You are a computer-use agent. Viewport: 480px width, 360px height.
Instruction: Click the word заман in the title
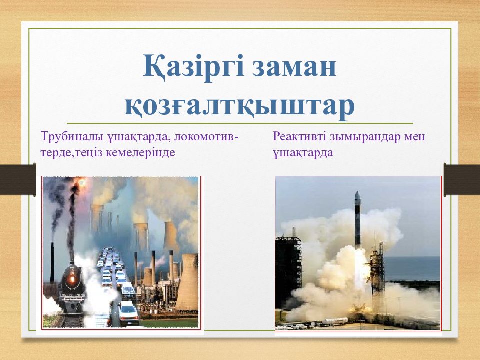click(294, 68)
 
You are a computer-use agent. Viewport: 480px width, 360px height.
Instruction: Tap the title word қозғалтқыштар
click(240, 106)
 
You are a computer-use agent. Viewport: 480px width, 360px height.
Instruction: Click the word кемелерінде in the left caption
click(140, 152)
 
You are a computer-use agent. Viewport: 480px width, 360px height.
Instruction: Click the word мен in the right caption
click(415, 137)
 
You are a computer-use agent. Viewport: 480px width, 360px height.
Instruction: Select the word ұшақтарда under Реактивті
click(303, 152)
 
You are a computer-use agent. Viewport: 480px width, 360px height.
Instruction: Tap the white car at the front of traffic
click(128, 313)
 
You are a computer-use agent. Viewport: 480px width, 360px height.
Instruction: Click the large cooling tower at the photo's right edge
click(187, 282)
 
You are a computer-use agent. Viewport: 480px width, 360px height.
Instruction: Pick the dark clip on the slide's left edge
click(18, 179)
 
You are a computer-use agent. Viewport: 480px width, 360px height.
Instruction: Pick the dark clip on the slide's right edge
click(462, 179)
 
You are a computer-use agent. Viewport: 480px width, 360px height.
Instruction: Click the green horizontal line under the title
click(240, 123)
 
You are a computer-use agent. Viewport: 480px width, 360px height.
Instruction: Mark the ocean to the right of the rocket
click(411, 268)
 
